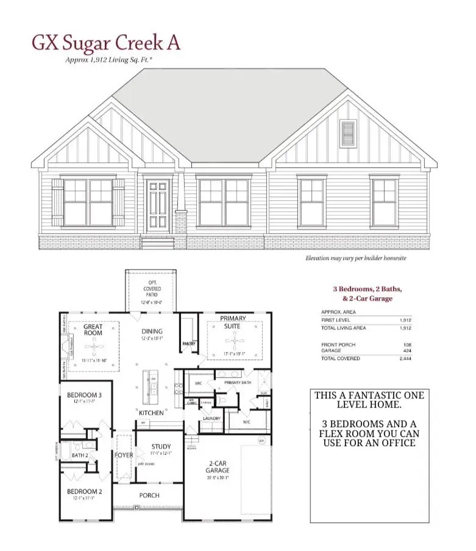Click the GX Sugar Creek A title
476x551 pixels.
(105, 43)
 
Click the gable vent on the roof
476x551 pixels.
(347, 133)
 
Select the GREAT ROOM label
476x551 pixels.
(93, 330)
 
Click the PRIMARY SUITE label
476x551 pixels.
(233, 322)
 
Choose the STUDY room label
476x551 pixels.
(162, 446)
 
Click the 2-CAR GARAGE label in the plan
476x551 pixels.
(217, 467)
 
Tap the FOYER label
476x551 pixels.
(124, 455)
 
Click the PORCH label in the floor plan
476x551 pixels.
(149, 495)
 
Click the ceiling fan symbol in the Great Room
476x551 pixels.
(93, 350)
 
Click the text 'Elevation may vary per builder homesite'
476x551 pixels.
(355, 258)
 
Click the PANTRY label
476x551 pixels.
(188, 344)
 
